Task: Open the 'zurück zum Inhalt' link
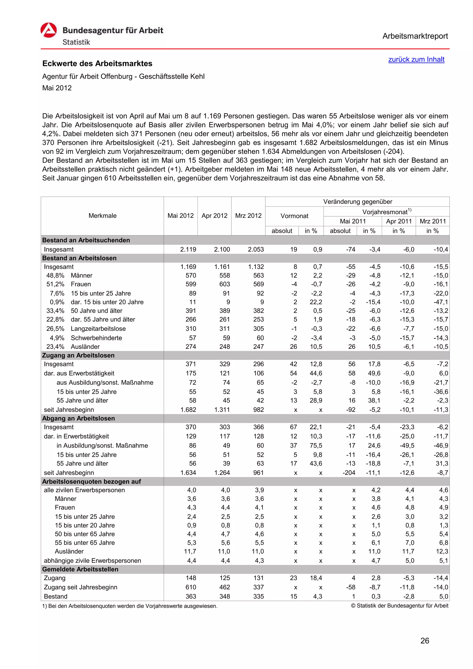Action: (416, 59)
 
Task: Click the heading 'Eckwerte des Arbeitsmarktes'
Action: (97, 63)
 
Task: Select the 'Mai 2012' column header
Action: (180, 216)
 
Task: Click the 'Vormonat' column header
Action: (294, 216)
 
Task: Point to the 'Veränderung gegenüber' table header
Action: (357, 202)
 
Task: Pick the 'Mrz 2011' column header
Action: (433, 221)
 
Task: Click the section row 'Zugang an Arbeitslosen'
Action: (78, 355)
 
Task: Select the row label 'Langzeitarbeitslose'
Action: (98, 329)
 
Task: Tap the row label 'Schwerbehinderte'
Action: (97, 338)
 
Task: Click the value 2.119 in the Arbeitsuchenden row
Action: (188, 249)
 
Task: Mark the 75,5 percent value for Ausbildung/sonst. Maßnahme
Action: (316, 446)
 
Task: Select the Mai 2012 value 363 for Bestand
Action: (191, 597)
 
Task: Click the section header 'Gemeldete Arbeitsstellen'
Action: (80, 569)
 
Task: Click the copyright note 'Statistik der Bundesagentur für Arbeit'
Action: (400, 606)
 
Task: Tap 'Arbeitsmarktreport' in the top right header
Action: (415, 36)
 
